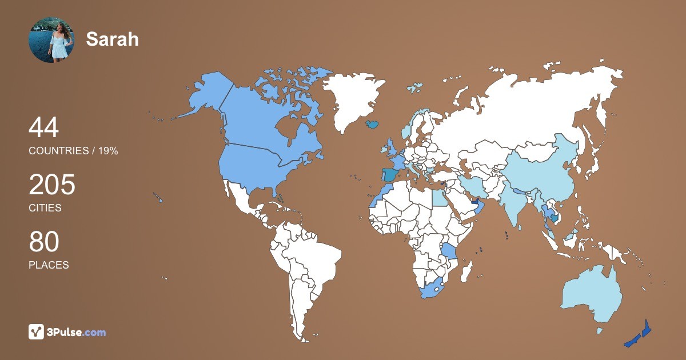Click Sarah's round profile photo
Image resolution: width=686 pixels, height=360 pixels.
51,39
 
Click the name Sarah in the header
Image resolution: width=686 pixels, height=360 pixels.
113,39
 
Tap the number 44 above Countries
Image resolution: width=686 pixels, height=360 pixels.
43,127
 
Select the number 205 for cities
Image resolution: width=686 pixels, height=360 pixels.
52,185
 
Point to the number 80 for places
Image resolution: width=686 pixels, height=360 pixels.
44,242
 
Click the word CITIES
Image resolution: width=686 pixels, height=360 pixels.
45,208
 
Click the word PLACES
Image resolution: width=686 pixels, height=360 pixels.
49,265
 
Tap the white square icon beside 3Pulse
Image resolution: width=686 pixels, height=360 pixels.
37,331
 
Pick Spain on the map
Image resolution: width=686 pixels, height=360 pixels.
391,175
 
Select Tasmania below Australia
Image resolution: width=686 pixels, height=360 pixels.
600,330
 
